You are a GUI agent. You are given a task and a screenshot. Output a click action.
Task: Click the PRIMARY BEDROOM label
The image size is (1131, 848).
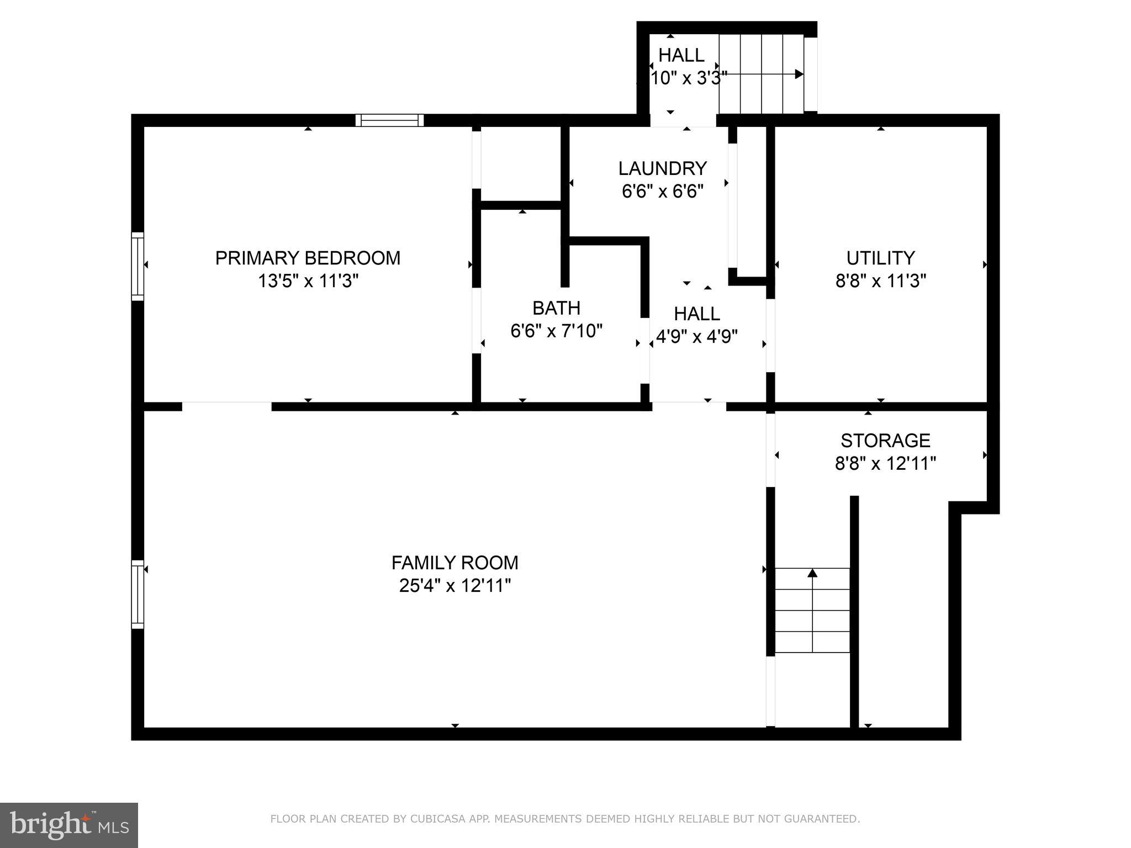coord(308,258)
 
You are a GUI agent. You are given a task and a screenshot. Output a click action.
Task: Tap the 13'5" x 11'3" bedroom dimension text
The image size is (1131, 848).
coord(308,281)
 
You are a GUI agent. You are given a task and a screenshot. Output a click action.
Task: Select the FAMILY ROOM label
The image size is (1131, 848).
coord(454,563)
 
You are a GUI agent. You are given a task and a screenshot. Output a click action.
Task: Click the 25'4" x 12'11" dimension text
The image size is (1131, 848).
coord(454,585)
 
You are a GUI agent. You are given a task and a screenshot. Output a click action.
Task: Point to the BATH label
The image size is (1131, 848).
coord(556,308)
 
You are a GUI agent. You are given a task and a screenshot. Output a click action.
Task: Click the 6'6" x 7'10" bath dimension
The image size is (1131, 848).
coord(556,331)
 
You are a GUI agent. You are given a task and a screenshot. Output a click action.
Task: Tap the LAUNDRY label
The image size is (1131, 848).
coord(662,168)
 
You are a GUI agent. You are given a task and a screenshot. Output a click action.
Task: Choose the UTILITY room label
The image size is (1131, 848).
coord(880,258)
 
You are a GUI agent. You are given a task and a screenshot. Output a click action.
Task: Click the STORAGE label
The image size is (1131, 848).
coord(885,440)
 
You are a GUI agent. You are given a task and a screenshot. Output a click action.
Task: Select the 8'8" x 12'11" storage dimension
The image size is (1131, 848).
coord(885,463)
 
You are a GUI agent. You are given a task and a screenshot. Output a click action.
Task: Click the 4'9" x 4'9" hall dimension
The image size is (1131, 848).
coord(697,336)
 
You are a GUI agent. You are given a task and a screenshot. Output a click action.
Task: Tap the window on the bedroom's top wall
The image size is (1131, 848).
coord(389,120)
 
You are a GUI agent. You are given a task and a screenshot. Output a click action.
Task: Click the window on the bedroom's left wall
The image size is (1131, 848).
coord(138,267)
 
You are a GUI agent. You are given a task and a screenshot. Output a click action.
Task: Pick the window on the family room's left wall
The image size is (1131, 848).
coord(138,594)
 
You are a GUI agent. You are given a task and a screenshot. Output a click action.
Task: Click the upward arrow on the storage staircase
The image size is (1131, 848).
coord(812,574)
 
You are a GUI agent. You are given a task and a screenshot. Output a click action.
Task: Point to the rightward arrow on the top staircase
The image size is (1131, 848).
coord(797,74)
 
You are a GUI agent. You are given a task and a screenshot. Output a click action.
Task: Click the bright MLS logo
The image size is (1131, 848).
coord(68,825)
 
